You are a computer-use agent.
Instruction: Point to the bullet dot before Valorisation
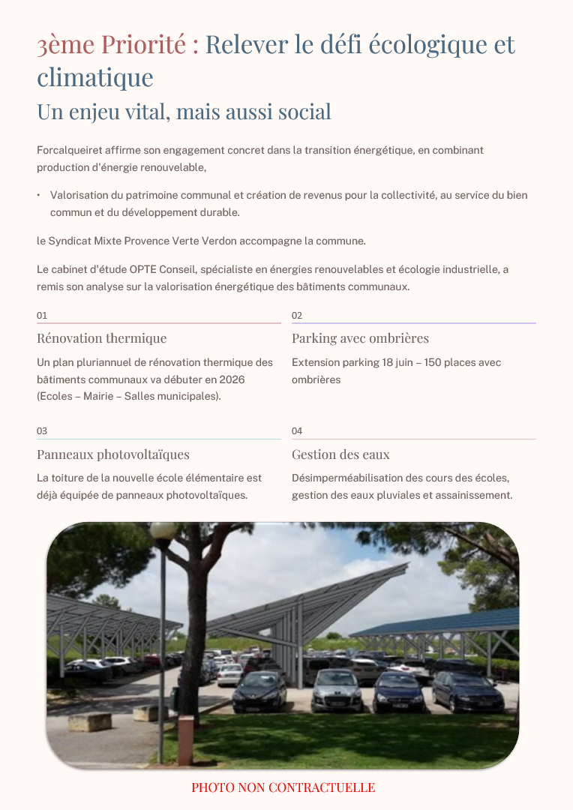(x=38, y=196)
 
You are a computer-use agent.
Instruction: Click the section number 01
(x=42, y=316)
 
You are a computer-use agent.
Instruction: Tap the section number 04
(x=297, y=431)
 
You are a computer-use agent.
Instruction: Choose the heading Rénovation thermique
(x=101, y=338)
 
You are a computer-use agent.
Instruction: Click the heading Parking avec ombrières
(x=360, y=338)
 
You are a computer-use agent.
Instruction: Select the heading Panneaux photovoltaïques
(x=112, y=454)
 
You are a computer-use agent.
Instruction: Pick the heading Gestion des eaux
(x=340, y=454)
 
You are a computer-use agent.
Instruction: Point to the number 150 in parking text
(x=433, y=363)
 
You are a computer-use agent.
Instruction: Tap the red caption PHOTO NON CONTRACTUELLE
(x=283, y=787)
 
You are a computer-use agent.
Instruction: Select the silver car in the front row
(x=337, y=689)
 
